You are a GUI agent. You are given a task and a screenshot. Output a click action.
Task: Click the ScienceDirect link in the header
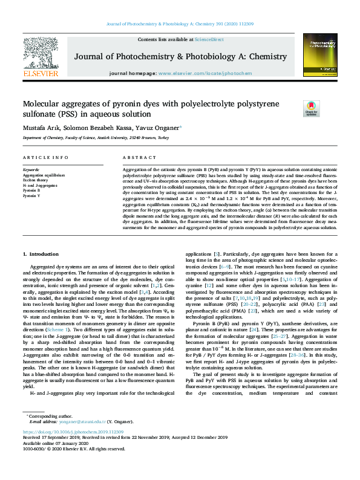click(209, 39)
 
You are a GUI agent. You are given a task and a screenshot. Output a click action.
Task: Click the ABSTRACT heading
click(135, 157)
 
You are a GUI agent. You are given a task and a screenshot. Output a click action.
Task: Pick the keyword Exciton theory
click(35, 180)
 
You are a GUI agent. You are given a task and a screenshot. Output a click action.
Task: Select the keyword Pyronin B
click(31, 190)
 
